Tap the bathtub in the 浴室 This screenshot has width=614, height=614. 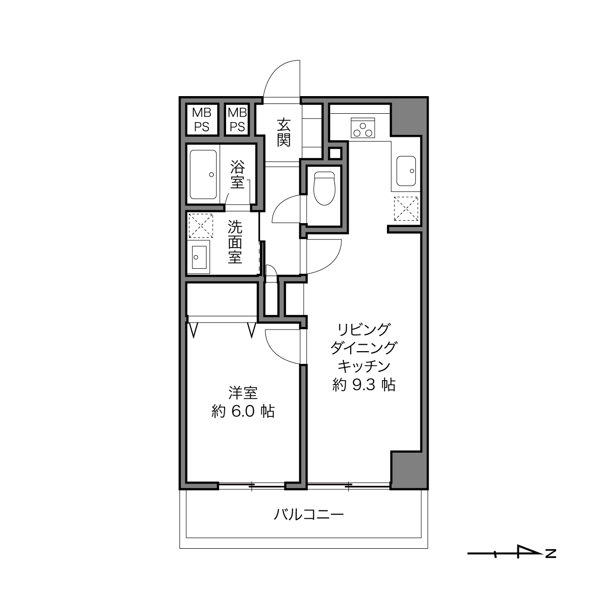pyautogui.click(x=203, y=174)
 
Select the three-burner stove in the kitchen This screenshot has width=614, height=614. pyautogui.click(x=362, y=128)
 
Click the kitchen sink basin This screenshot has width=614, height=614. pyautogui.click(x=406, y=171)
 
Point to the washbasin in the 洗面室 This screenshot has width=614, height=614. pyautogui.click(x=200, y=257)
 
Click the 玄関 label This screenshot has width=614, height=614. pyautogui.click(x=283, y=132)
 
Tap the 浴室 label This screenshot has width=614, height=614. pyautogui.click(x=237, y=175)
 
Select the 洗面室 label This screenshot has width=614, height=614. pyautogui.click(x=235, y=242)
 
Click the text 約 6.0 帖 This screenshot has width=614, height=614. pyautogui.click(x=243, y=411)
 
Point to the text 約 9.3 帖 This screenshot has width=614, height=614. pyautogui.click(x=364, y=385)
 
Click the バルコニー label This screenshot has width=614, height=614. pyautogui.click(x=309, y=514)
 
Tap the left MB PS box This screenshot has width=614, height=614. pyautogui.click(x=202, y=120)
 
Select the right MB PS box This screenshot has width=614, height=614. pyautogui.click(x=237, y=120)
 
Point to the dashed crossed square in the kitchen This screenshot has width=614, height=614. pyautogui.click(x=406, y=209)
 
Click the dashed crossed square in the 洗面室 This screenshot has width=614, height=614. pyautogui.click(x=201, y=226)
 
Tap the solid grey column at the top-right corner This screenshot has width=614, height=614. pyautogui.click(x=409, y=116)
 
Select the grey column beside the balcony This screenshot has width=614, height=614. pyautogui.click(x=409, y=470)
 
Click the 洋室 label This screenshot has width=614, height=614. pyautogui.click(x=243, y=393)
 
